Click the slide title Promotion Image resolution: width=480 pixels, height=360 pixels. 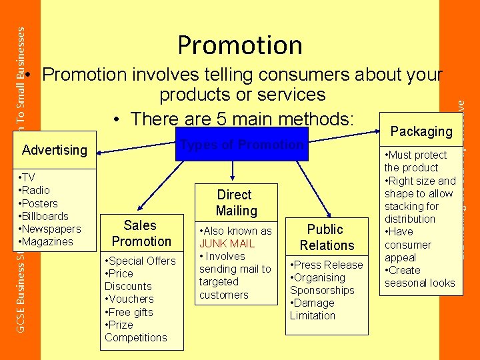(240, 45)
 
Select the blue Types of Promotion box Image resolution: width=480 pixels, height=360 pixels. (242, 145)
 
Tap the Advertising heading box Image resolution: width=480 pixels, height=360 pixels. (55, 151)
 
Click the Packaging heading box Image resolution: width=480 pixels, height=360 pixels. (421, 131)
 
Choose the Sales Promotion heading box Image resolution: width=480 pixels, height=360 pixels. (141, 233)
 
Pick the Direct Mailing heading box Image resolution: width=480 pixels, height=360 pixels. (235, 203)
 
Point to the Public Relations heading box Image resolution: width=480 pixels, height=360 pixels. (327, 237)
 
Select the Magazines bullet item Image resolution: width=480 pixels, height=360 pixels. (47, 241)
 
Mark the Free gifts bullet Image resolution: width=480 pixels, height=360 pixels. (131, 312)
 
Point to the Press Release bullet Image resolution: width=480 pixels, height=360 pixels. (328, 265)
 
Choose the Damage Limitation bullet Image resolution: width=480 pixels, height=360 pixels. (313, 309)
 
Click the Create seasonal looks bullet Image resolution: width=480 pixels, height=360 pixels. (419, 277)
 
